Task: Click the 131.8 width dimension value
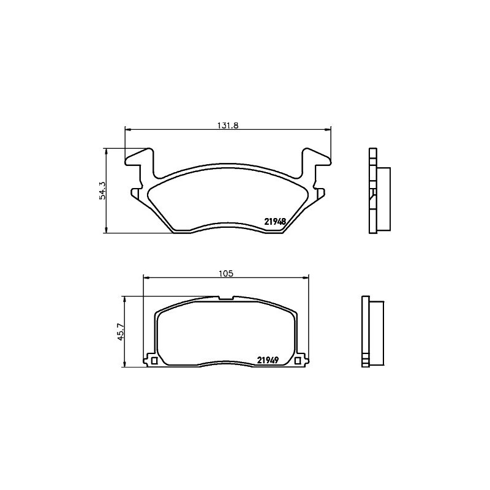(x=228, y=126)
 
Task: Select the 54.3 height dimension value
(x=103, y=190)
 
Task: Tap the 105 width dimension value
(x=226, y=273)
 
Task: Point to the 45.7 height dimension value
(x=121, y=331)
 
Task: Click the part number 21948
(x=275, y=222)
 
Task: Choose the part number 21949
(x=268, y=360)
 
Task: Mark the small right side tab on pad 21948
(x=320, y=193)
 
